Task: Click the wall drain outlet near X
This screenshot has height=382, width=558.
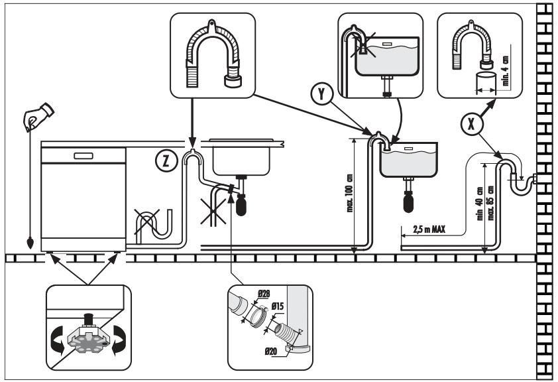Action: click(535, 178)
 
